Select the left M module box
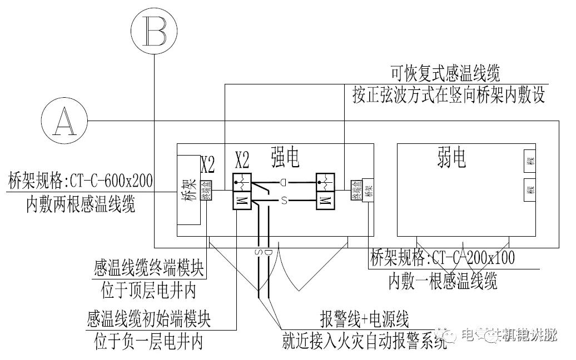(x=242, y=201)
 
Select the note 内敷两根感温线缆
(x=81, y=205)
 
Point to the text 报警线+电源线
(x=364, y=319)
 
